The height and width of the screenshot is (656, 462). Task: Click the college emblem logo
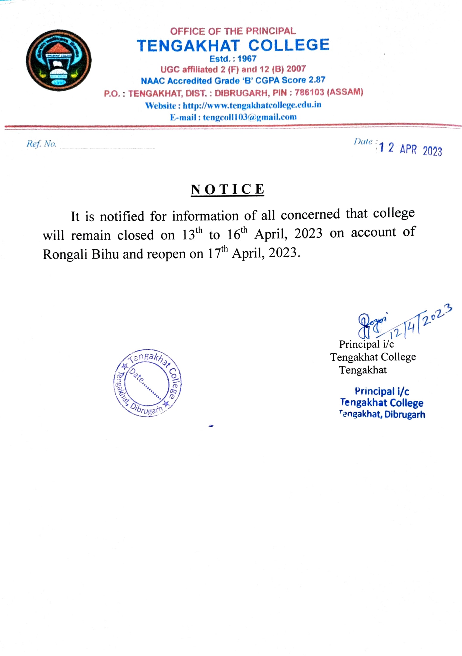tap(58, 60)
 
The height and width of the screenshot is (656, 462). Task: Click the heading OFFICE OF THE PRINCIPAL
tap(233, 31)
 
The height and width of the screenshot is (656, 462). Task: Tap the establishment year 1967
tap(247, 58)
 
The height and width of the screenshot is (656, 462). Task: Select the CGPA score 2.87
tap(317, 80)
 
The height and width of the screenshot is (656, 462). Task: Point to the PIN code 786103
tap(309, 92)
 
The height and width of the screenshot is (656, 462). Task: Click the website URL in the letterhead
tap(252, 105)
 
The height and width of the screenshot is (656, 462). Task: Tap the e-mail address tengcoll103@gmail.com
tap(250, 117)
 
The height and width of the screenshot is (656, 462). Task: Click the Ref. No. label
tap(41, 144)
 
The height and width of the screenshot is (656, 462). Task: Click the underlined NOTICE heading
tap(227, 190)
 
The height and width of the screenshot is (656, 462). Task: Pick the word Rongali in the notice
tap(65, 254)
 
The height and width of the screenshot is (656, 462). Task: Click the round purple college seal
tap(148, 383)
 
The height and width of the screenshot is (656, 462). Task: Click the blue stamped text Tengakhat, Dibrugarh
tap(382, 414)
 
